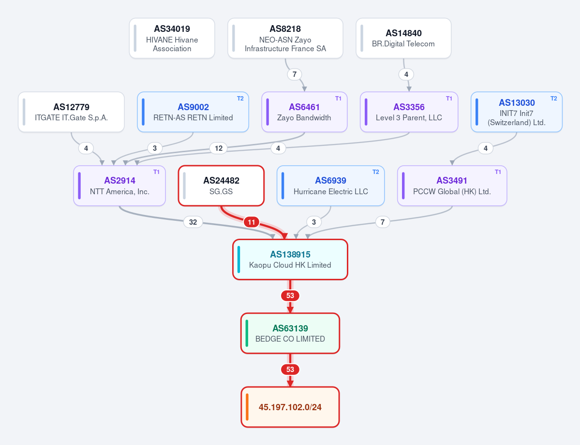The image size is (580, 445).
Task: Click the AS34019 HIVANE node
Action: [x=172, y=39]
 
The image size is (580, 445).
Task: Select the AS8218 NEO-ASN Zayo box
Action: [x=285, y=39]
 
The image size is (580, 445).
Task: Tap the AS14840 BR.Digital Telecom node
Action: [x=403, y=39]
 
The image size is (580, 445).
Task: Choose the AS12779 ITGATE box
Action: [x=72, y=112]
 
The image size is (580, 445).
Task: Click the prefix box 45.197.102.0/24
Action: [x=290, y=407]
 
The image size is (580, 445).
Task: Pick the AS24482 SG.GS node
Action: [x=221, y=186]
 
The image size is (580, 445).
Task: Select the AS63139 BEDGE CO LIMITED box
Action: [x=290, y=333]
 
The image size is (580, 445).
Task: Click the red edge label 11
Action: [x=252, y=222]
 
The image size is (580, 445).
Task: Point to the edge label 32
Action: [x=193, y=222]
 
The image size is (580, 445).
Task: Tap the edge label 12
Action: [x=219, y=148]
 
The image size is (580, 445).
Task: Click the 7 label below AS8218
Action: [x=295, y=74]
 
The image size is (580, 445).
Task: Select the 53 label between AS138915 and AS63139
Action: [x=290, y=296]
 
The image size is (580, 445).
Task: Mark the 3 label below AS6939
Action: [x=314, y=222]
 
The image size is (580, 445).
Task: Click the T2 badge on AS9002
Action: [x=240, y=99]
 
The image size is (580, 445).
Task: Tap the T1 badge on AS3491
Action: [x=498, y=172]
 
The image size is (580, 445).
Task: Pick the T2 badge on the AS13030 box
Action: [x=554, y=99]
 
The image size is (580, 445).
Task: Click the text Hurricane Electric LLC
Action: [x=331, y=191]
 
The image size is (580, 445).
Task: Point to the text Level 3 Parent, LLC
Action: [x=409, y=117]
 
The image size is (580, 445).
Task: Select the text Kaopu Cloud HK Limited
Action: [x=290, y=265]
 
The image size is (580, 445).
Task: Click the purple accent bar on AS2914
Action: [x=79, y=186]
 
